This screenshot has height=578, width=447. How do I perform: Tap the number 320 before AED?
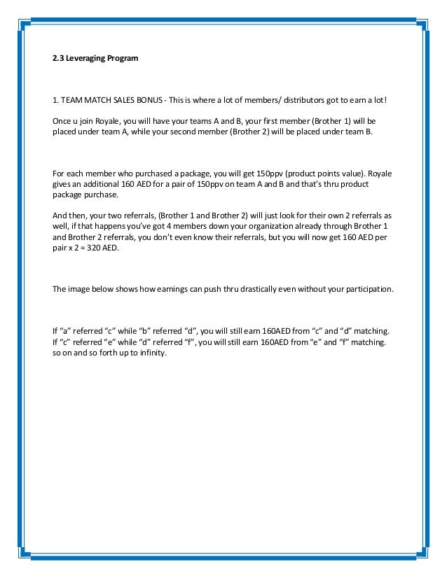(x=105, y=248)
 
